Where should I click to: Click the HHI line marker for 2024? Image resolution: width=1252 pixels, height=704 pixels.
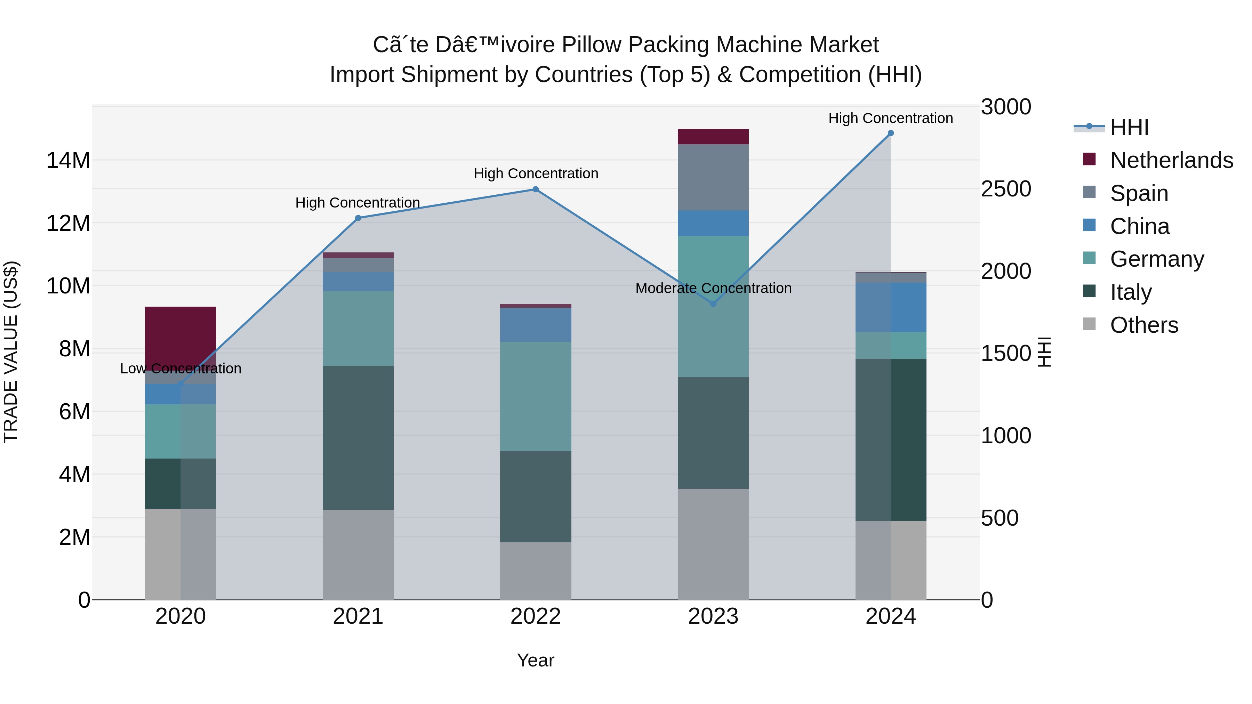tap(890, 133)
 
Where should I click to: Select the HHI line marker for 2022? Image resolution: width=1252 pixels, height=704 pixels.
tap(536, 189)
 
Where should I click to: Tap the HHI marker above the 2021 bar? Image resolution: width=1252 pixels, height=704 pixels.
tap(358, 218)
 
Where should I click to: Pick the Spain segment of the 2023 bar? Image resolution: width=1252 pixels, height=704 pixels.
tap(713, 177)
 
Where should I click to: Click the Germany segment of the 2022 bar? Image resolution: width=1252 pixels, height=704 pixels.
tap(536, 396)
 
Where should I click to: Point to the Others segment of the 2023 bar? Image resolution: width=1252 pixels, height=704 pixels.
tap(713, 544)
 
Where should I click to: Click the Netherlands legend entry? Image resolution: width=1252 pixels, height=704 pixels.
tap(1171, 160)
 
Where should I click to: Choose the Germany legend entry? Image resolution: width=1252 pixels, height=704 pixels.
tap(1157, 259)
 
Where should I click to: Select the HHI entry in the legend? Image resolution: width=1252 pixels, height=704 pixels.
tap(1129, 127)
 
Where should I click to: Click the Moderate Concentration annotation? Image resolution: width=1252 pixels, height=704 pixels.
tap(713, 288)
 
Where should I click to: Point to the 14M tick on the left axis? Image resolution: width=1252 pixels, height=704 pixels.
tap(68, 160)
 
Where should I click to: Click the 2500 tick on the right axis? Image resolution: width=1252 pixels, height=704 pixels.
tap(1005, 189)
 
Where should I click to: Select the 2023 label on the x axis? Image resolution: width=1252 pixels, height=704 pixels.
tap(713, 616)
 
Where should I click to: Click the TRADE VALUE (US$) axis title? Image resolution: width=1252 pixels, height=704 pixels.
tap(11, 352)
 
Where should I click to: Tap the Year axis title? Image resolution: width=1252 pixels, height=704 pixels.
tap(536, 660)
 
